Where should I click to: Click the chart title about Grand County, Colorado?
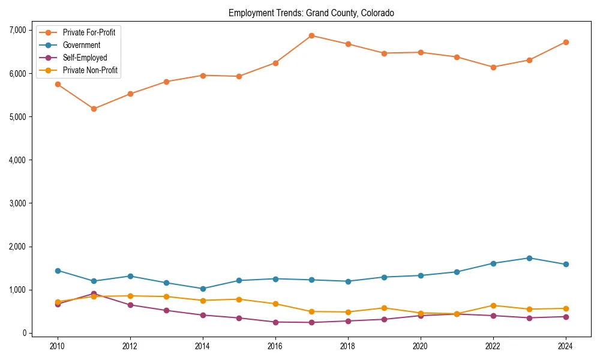tap(311, 13)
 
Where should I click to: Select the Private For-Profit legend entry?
tap(89, 32)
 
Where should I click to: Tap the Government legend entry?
tap(81, 45)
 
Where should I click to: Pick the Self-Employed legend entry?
tap(85, 58)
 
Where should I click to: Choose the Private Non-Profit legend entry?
tap(90, 70)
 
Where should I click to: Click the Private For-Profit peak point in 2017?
tap(311, 35)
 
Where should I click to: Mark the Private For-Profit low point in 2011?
tap(94, 109)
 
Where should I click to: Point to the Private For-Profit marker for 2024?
tap(565, 42)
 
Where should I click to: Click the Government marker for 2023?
tap(529, 258)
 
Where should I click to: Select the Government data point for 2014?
tap(203, 289)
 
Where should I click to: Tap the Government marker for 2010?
tap(58, 271)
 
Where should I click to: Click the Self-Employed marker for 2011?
tap(94, 293)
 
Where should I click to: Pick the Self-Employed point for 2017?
tap(311, 322)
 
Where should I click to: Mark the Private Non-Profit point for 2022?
tap(493, 305)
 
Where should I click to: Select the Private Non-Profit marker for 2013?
tap(166, 296)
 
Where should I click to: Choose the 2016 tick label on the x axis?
tap(275, 346)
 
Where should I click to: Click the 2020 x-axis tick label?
tap(421, 346)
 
